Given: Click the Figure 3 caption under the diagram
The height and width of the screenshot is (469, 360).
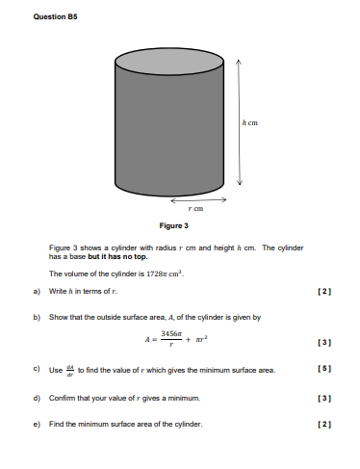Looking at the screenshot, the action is tap(173, 225).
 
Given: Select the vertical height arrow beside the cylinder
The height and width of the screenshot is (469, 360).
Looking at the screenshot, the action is tap(240, 122).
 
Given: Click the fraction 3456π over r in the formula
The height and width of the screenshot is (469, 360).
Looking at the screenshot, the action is tap(174, 339).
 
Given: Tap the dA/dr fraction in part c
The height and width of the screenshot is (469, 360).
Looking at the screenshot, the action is tap(67, 370).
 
